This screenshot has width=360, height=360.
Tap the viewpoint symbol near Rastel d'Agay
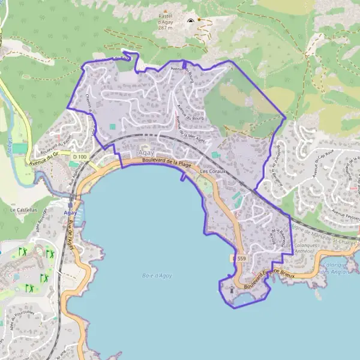coord(191,21)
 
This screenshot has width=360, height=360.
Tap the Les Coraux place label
coord(212,171)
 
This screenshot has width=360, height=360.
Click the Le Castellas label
coord(24,210)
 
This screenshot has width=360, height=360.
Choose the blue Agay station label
coord(70,212)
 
